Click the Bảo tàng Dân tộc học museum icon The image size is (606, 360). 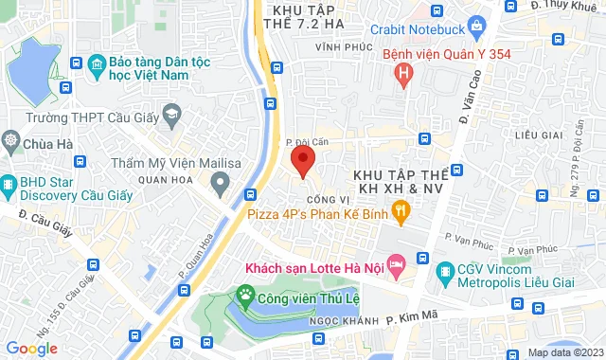tap(96, 66)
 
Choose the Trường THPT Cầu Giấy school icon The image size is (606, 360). tap(171, 117)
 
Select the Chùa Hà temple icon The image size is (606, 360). tap(11, 143)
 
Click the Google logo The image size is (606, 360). tap(31, 348)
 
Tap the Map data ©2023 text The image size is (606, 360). tap(564, 352)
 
